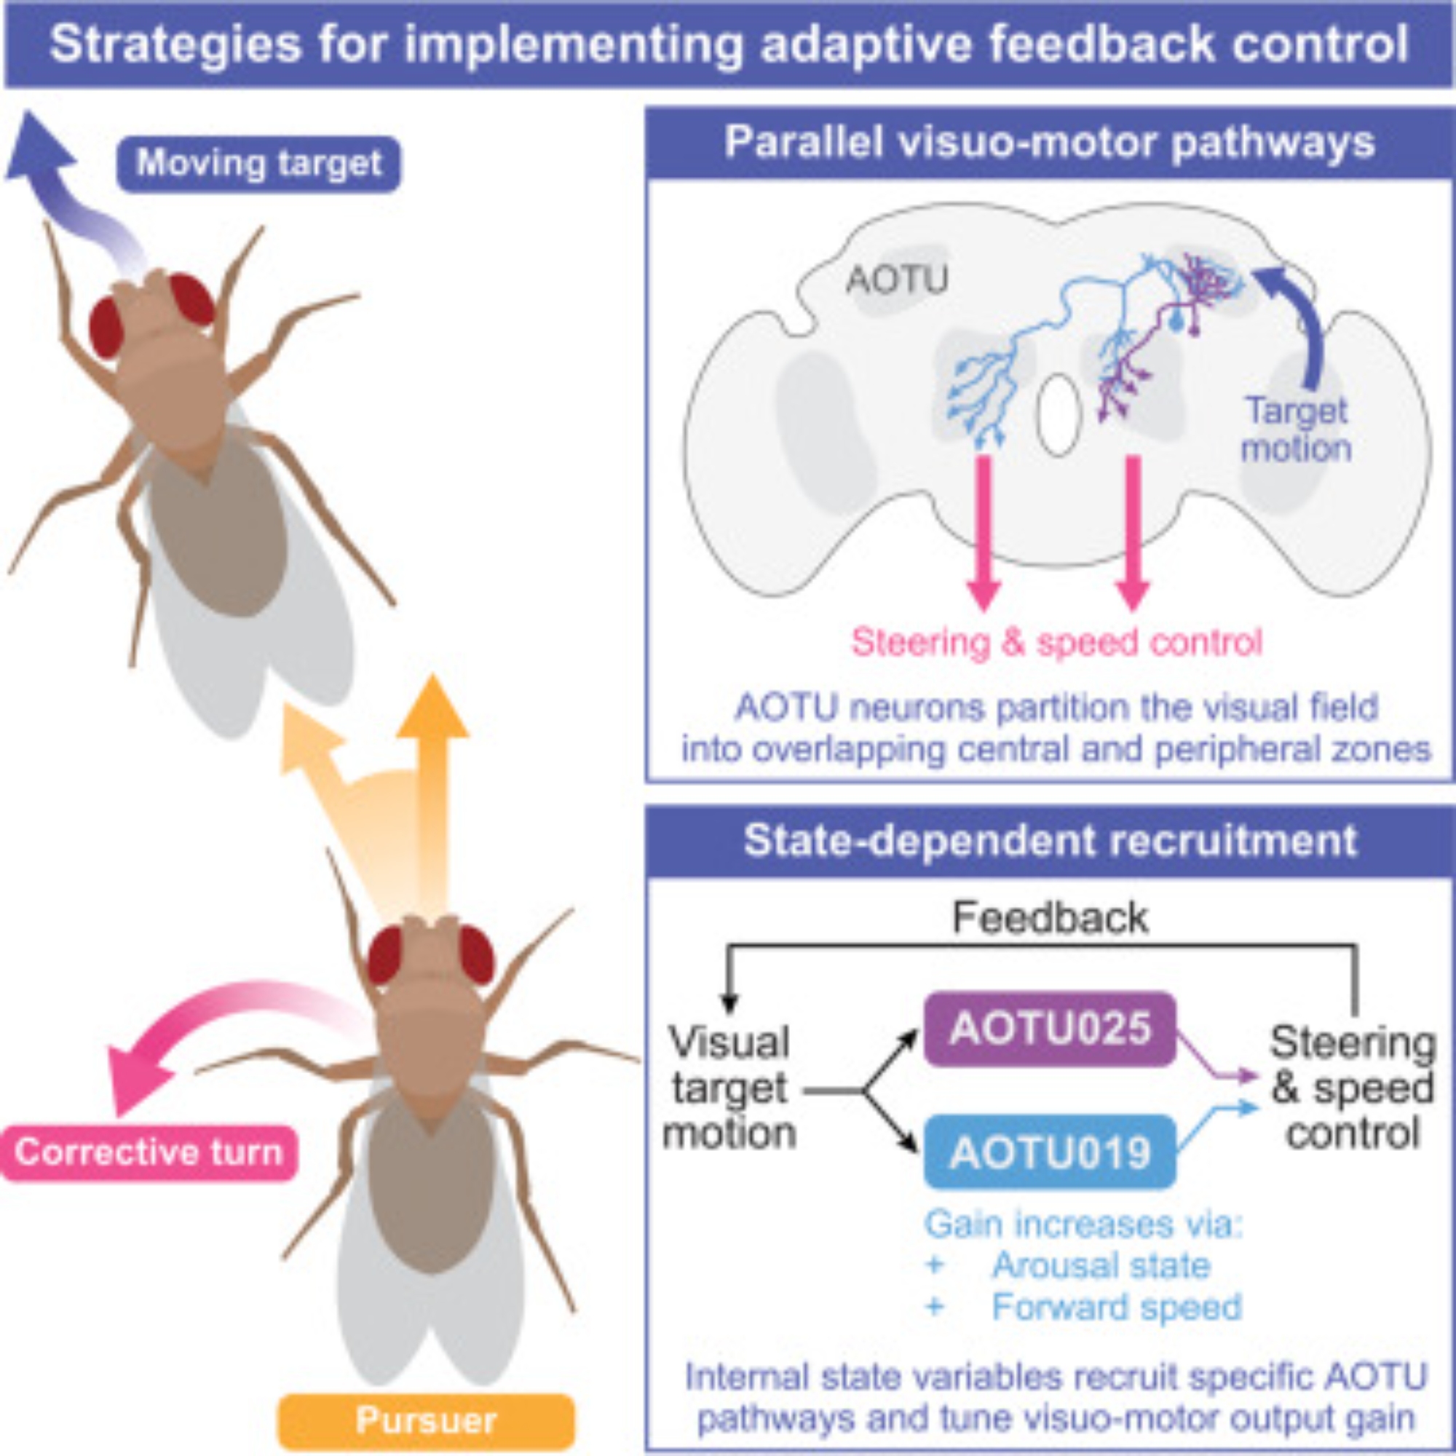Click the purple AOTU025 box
tap(1049, 1029)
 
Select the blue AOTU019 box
tap(1049, 1152)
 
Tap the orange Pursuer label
tap(426, 1421)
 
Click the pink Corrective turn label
tap(149, 1152)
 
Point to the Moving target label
tap(258, 164)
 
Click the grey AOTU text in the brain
tap(896, 280)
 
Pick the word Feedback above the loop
tap(1050, 918)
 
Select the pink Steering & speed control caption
tap(1056, 642)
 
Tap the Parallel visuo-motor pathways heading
tap(1050, 143)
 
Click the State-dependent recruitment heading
tap(1050, 840)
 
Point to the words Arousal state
tap(1101, 1265)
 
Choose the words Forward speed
tap(1116, 1307)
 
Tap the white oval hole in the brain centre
tap(1059, 415)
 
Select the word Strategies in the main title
tap(175, 44)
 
